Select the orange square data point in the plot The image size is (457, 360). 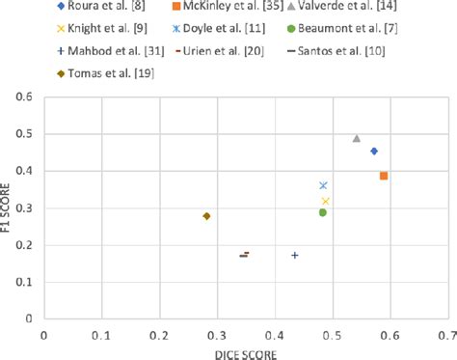click(x=384, y=176)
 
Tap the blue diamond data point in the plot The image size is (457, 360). click(x=374, y=151)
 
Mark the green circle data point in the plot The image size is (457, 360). click(x=323, y=212)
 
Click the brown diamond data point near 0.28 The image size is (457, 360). click(x=206, y=216)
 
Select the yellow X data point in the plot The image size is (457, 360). click(x=326, y=201)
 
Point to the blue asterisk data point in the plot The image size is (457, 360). click(x=323, y=185)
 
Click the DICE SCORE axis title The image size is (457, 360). click(x=244, y=352)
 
